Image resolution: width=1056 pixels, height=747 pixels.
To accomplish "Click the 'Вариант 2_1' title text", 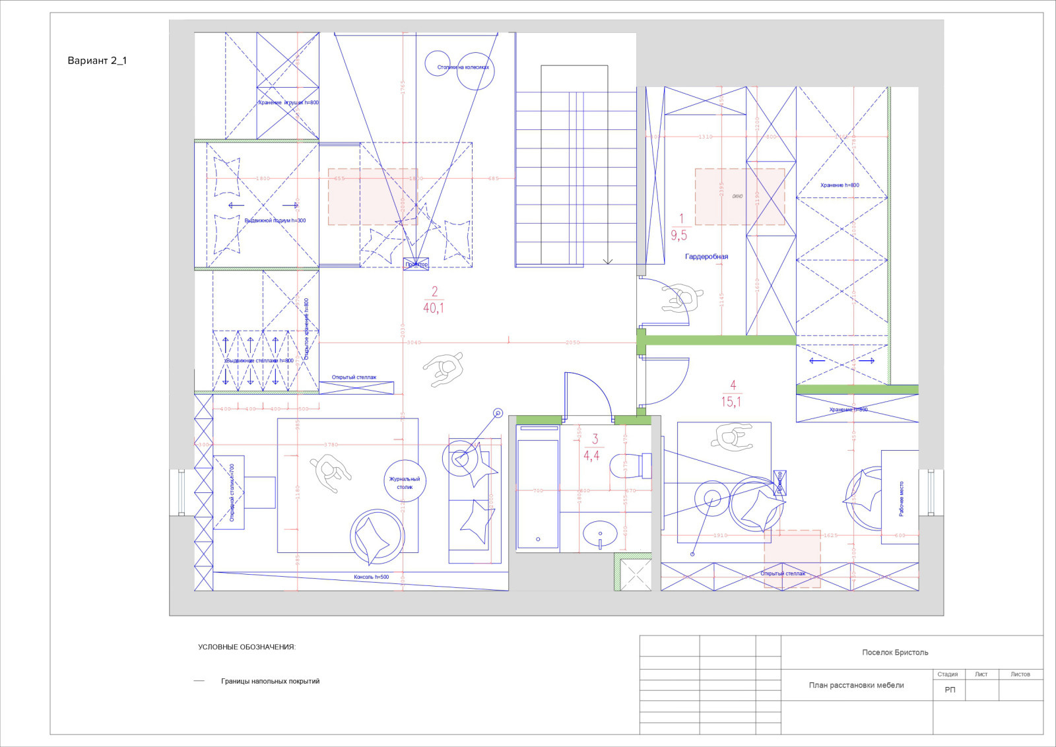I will tap(97, 61).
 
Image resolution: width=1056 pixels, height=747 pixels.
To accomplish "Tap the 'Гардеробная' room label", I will tap(706, 257).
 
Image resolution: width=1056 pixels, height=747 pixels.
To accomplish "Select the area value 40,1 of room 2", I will tap(434, 308).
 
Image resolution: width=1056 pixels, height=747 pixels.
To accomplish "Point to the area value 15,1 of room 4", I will tap(731, 402).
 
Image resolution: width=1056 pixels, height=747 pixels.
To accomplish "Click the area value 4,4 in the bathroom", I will tap(591, 455).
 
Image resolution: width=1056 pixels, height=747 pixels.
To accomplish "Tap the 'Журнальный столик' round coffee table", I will tap(405, 482).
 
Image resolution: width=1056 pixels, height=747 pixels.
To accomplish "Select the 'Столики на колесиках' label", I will tap(463, 67).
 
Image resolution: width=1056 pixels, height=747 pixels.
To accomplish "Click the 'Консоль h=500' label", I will tap(371, 577).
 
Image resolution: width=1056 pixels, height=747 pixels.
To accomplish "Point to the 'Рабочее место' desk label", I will tap(902, 498).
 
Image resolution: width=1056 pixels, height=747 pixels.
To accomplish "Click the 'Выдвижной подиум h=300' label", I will tap(275, 220).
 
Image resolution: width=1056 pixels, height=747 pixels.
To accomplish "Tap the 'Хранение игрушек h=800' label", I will tap(288, 102).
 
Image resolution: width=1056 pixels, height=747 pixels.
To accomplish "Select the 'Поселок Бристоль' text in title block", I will tap(895, 653).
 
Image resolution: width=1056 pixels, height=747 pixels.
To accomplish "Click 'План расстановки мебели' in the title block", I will tap(856, 685).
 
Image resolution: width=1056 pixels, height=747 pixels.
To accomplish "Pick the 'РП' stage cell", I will tap(950, 690).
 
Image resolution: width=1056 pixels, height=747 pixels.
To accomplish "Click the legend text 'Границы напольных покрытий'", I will tap(270, 681).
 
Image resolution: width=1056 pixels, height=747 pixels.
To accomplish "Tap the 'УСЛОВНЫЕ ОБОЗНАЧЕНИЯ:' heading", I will tap(247, 647).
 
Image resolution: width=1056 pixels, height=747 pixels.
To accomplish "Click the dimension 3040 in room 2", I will tap(413, 342).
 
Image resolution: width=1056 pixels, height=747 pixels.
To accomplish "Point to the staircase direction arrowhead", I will tap(608, 262).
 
